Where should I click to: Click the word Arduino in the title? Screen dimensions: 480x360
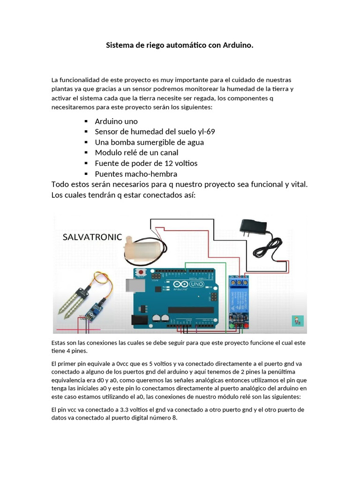[236, 45]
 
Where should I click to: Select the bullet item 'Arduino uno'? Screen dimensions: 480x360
[116, 121]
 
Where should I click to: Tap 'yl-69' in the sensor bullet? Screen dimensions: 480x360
[205, 132]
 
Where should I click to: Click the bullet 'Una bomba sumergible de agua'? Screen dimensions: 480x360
[149, 142]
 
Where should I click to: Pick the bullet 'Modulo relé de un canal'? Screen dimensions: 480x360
[136, 152]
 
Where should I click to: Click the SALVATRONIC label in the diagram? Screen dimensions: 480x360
[92, 237]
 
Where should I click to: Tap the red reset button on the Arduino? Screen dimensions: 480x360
[141, 272]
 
